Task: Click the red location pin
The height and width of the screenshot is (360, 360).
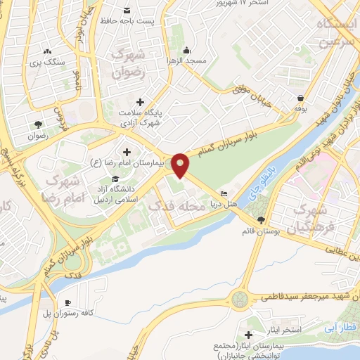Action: [x=181, y=165]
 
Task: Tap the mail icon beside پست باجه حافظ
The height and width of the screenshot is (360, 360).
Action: [x=127, y=11]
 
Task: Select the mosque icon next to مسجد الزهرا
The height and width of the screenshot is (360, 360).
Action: [x=186, y=50]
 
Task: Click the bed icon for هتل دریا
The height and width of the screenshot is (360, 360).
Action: [x=224, y=194]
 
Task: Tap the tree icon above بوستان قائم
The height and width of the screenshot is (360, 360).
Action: [x=261, y=220]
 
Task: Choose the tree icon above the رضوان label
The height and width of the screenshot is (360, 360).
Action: [x=34, y=124]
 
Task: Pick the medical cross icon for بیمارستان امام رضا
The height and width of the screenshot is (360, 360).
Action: [x=127, y=152]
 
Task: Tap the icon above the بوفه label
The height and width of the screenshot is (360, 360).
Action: [x=301, y=98]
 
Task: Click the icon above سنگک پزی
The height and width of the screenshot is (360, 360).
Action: [x=48, y=51]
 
